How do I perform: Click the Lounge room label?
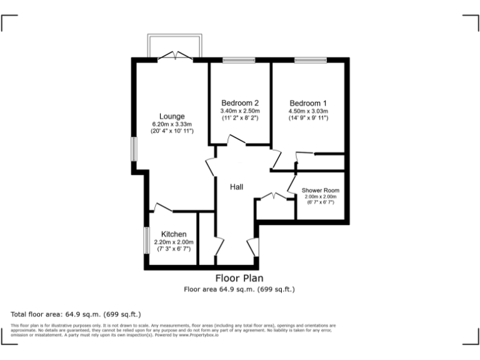click(x=171, y=116)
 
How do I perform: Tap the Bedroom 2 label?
click(x=240, y=103)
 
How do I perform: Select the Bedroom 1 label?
click(x=307, y=103)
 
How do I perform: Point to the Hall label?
click(x=236, y=187)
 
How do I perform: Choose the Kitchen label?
click(x=174, y=234)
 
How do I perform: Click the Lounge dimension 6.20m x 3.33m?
click(x=172, y=124)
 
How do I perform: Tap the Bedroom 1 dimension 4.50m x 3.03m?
click(x=307, y=111)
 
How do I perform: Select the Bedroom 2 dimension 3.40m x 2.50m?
click(x=240, y=111)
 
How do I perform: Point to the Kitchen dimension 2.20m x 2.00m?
click(x=174, y=242)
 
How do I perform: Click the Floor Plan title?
click(x=239, y=278)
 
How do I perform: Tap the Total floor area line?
click(x=76, y=314)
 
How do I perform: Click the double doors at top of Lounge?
click(x=174, y=57)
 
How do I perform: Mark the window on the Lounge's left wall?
click(x=132, y=150)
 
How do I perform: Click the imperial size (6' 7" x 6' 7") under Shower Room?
click(x=320, y=202)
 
